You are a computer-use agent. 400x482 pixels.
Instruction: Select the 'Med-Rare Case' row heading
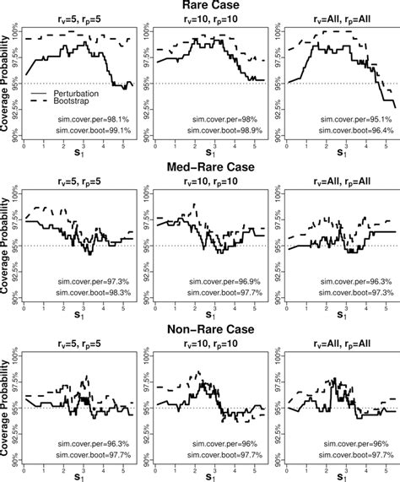click(x=208, y=166)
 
